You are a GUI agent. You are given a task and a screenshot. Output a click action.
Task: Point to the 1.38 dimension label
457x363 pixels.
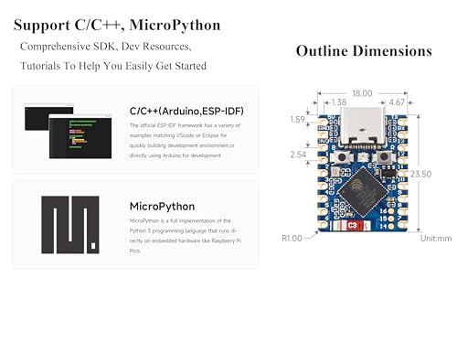pos(337,102)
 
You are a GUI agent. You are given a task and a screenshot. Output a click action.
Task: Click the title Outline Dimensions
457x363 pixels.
pos(364,52)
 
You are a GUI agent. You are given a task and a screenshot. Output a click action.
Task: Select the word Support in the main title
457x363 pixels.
pos(45,26)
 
